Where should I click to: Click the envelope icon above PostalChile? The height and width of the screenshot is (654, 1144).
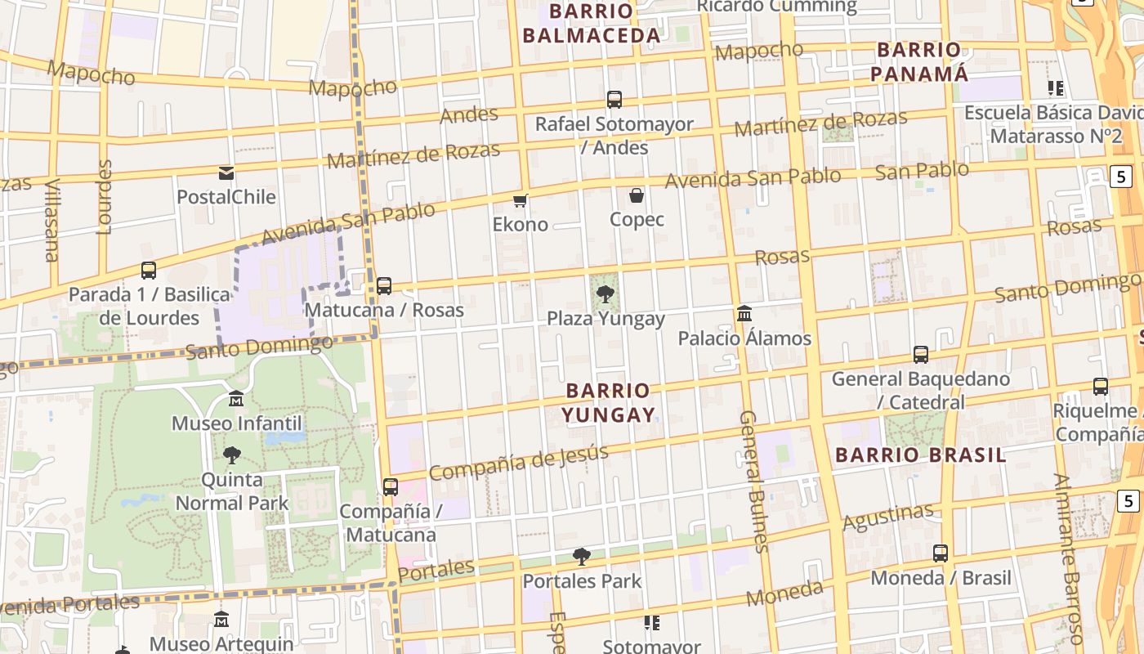226,173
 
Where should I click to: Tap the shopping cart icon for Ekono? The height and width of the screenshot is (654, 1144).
520,200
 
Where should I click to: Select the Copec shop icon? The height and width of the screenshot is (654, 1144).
637,195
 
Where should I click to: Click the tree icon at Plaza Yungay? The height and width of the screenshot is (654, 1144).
606,294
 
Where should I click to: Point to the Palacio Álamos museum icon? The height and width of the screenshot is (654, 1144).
744,314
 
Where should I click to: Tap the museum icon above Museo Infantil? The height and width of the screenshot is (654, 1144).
236,399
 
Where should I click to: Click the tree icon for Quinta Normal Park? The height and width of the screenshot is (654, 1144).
232,455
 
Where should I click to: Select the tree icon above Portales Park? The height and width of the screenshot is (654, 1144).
582,557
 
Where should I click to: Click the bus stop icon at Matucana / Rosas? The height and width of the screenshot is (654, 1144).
384,286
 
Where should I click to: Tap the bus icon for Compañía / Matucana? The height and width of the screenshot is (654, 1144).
391,487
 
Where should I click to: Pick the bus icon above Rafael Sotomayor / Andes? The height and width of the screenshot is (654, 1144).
614,100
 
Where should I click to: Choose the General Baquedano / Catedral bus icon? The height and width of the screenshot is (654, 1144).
921,355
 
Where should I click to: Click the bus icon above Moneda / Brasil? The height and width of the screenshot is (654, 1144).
941,553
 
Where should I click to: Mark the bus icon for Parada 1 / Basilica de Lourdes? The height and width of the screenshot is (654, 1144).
149,270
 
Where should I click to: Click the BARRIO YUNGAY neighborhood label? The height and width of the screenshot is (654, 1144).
609,403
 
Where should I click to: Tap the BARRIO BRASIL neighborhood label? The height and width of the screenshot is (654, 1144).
921,455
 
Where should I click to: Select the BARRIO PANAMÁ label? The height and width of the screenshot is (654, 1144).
919,61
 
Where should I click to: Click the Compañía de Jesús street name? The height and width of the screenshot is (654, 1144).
518,463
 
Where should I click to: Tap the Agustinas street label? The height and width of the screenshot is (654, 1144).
887,517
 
